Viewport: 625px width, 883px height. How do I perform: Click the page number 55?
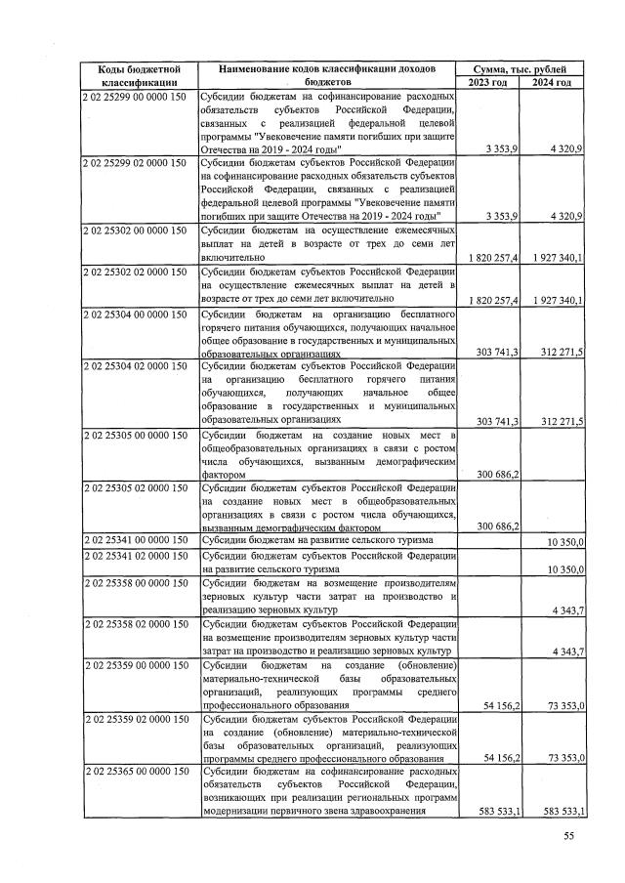tap(569, 836)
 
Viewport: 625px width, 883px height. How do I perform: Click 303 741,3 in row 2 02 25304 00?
tap(494, 351)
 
